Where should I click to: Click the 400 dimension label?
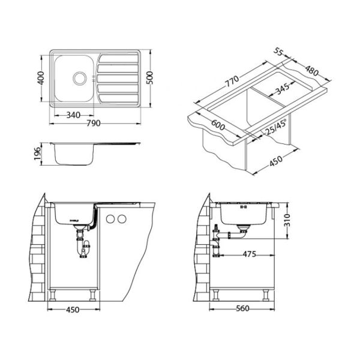(x=41, y=78)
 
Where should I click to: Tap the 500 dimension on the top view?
(x=149, y=78)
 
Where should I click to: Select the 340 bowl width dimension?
(x=73, y=115)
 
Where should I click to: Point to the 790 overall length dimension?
(x=94, y=123)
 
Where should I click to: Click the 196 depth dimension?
(x=37, y=154)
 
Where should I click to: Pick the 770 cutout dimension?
(x=232, y=81)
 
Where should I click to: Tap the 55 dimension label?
(x=278, y=52)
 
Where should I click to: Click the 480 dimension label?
(x=312, y=70)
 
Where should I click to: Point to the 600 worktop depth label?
(x=218, y=125)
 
